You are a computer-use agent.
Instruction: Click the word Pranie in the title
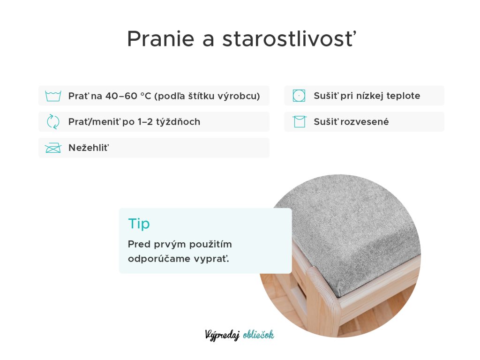(161, 39)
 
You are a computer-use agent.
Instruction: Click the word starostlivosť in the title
(289, 38)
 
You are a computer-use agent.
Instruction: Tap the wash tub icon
(53, 96)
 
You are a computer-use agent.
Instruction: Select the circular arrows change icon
(53, 122)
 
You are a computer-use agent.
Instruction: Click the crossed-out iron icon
(53, 148)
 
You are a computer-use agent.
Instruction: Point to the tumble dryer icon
(299, 96)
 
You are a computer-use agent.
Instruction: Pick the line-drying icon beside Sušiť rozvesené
(299, 121)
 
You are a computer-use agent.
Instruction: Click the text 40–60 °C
(128, 96)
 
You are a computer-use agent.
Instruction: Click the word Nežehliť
(89, 148)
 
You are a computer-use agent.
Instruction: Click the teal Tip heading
(139, 224)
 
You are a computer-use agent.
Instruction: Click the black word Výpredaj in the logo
(222, 335)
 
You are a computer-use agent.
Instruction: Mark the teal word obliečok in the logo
(258, 335)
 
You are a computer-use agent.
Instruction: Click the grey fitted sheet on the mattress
(352, 226)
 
